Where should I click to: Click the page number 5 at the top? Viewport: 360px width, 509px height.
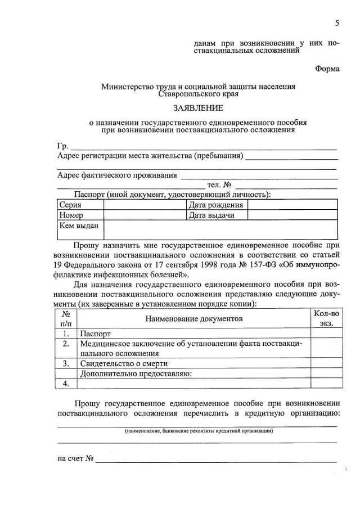click(337, 23)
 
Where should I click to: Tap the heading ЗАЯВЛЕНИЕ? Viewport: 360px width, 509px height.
click(197, 107)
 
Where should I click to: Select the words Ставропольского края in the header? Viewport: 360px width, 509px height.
click(198, 94)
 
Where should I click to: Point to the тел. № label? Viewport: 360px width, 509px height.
click(219, 184)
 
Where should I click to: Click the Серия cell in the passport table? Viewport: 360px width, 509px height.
click(70, 205)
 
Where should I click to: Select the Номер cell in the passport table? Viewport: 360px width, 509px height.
click(71, 215)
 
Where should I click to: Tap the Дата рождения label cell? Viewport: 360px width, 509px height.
click(216, 205)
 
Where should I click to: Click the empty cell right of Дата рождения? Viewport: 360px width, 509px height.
click(292, 205)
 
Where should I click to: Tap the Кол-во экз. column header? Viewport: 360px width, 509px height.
click(326, 318)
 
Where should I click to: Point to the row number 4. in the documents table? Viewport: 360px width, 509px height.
click(66, 384)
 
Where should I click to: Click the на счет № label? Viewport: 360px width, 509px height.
click(75, 458)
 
